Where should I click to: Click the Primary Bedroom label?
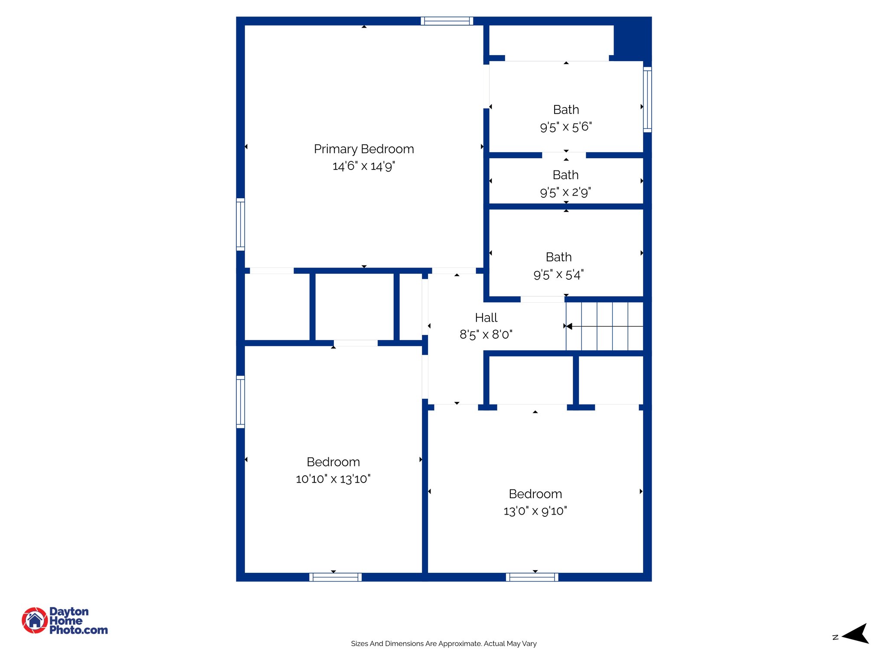click(x=364, y=149)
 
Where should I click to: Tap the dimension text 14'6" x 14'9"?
click(x=364, y=166)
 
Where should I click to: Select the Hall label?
click(x=486, y=317)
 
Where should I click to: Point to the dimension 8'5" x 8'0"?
click(x=486, y=335)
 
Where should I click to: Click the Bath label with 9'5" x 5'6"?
click(x=566, y=110)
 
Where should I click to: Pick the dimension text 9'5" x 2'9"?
click(x=565, y=192)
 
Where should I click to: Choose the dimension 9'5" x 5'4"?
click(x=558, y=274)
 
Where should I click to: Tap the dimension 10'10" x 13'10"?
click(x=333, y=479)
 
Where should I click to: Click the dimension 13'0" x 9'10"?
click(x=535, y=511)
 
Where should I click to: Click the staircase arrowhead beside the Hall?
click(x=569, y=326)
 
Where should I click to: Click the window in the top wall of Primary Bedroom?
click(x=447, y=21)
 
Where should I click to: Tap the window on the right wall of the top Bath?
click(x=647, y=99)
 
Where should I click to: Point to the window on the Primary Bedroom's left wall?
click(x=240, y=224)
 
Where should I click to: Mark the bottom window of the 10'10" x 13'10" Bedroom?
click(x=335, y=577)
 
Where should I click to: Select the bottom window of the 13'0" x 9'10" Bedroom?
click(x=532, y=577)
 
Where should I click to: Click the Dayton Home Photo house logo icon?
click(x=35, y=620)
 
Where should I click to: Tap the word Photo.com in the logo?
click(x=78, y=630)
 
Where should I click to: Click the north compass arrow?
click(x=856, y=634)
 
